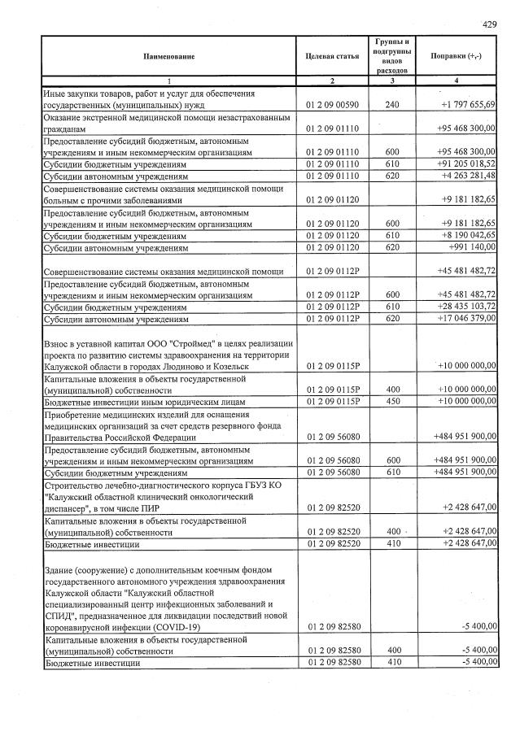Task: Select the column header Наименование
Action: coord(169,56)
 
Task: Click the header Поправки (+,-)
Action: coord(456,56)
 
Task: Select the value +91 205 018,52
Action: coord(466,163)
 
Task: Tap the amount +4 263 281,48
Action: coord(469,175)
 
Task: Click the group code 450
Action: coord(392,401)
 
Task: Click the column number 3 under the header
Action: coord(392,81)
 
